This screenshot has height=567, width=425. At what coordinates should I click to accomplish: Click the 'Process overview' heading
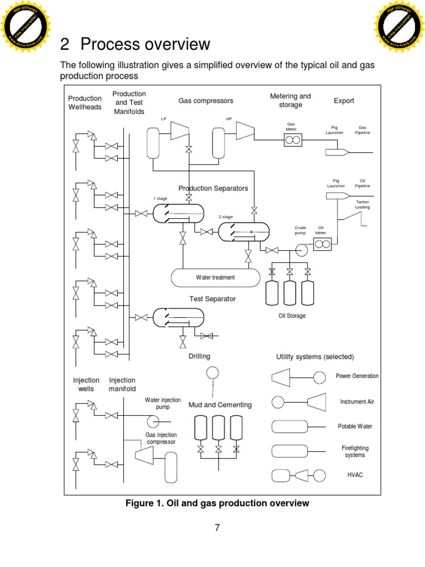click(x=146, y=44)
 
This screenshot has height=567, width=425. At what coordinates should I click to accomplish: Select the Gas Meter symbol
click(x=292, y=140)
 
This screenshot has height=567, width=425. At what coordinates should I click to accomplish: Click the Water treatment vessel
click(x=215, y=277)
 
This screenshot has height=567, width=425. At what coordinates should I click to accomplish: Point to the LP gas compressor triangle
click(x=178, y=131)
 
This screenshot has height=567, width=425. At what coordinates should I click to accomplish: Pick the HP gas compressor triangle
click(x=245, y=131)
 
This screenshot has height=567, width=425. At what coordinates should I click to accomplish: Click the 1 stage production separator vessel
click(x=178, y=213)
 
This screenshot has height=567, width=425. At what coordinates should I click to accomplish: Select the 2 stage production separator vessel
click(x=243, y=231)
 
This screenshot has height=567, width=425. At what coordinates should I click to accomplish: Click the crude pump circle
click(x=302, y=250)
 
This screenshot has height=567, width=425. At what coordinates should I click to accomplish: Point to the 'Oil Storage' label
click(x=292, y=316)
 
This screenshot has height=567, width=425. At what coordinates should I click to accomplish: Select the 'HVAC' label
click(x=355, y=475)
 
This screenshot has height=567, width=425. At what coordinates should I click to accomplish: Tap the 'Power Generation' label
click(x=357, y=376)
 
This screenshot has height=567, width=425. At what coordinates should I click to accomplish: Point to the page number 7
click(x=217, y=528)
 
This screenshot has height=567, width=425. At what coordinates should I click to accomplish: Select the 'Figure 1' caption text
click(x=217, y=503)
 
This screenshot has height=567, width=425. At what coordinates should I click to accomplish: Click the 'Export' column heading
click(x=344, y=101)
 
